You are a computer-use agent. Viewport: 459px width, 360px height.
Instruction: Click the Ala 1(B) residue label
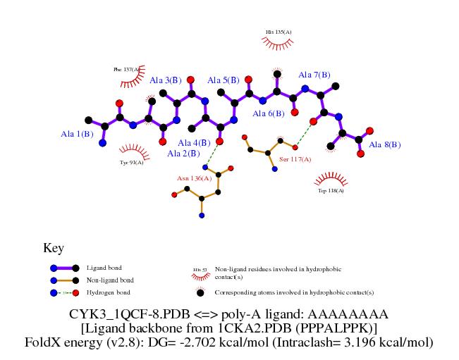(x=77, y=134)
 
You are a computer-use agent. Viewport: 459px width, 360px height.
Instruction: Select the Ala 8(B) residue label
(x=385, y=145)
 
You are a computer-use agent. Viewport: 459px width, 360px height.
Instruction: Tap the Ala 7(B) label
(x=314, y=75)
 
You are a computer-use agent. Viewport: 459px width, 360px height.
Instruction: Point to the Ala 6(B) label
(x=268, y=113)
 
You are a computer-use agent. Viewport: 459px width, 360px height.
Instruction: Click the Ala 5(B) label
(x=223, y=81)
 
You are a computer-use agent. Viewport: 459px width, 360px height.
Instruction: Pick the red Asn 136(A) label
(x=194, y=178)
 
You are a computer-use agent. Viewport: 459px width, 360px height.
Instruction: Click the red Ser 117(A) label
(x=295, y=160)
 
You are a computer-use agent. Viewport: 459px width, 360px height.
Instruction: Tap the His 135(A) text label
(x=279, y=32)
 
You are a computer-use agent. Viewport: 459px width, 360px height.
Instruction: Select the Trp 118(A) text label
(x=331, y=190)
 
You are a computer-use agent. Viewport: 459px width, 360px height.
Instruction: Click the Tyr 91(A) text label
(x=131, y=162)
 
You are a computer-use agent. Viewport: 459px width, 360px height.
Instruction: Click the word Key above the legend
(x=54, y=248)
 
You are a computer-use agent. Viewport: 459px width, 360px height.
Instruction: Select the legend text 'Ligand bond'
(x=104, y=268)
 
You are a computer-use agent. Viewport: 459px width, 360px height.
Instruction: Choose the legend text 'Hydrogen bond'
(x=108, y=292)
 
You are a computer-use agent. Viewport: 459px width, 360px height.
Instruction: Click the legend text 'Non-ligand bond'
(x=110, y=280)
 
